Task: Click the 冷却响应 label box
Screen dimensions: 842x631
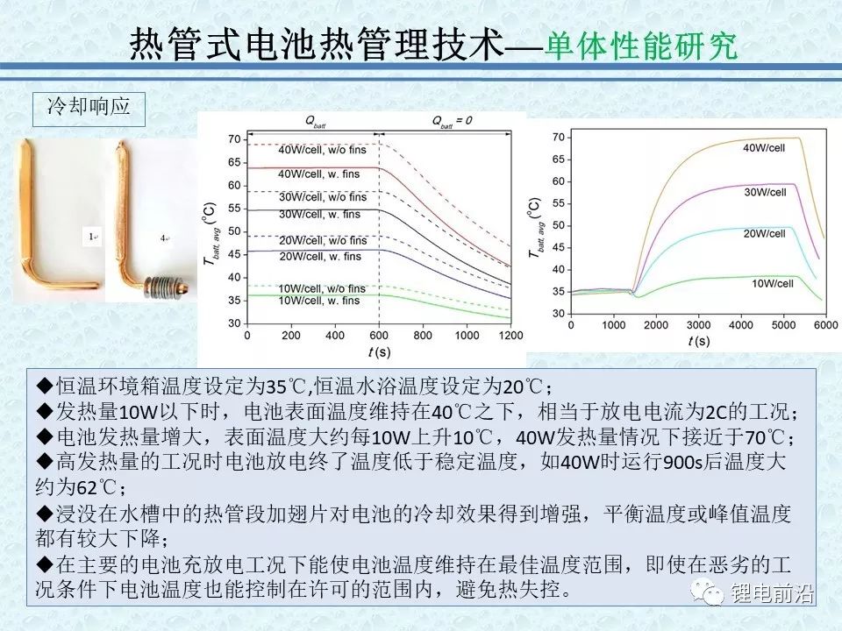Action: tap(89, 109)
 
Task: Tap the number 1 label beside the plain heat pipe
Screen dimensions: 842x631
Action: tap(92, 236)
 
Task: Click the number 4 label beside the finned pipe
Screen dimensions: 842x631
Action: tap(164, 238)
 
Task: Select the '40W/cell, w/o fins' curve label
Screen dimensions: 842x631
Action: tap(322, 150)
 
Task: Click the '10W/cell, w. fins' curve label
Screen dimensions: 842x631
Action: tap(319, 301)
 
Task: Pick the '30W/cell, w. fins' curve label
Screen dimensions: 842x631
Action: tap(319, 214)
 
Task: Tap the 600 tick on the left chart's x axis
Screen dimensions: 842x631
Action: tap(379, 336)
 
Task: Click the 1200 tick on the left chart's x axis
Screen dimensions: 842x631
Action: tap(510, 336)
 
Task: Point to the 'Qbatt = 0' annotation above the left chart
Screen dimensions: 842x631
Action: tap(453, 121)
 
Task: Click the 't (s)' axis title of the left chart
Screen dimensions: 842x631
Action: tap(379, 352)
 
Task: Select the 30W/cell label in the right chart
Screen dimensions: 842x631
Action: tap(765, 192)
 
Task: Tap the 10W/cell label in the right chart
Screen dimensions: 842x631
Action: tap(772, 283)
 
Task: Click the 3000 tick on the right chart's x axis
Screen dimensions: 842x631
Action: tap(699, 325)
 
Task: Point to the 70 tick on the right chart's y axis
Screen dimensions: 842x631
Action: tap(559, 138)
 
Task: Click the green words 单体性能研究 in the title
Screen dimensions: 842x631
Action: tap(640, 45)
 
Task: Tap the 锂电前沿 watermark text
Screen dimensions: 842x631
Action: tap(772, 593)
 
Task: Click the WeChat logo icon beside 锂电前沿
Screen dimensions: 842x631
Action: tap(708, 592)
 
